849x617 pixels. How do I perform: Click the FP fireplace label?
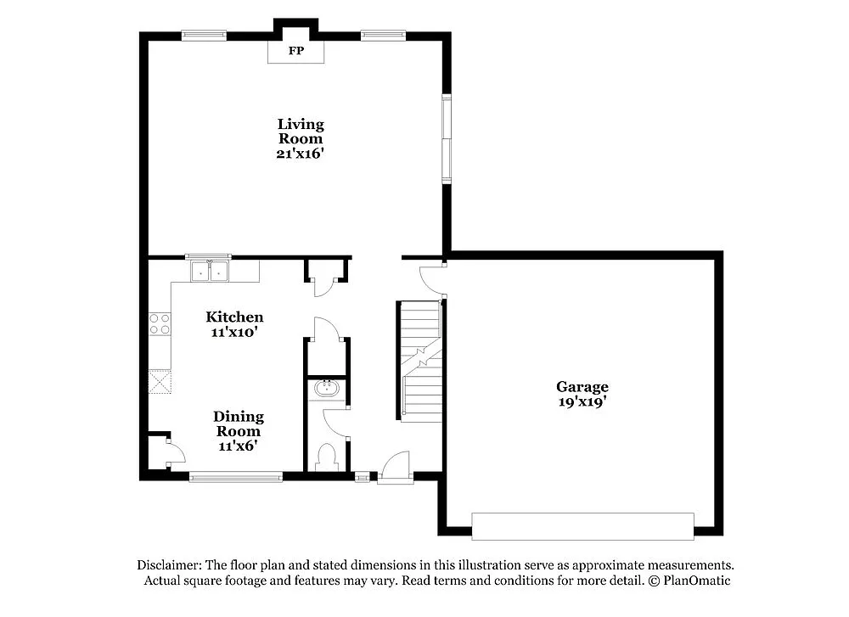tap(295, 51)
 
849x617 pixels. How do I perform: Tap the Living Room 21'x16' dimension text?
tap(301, 154)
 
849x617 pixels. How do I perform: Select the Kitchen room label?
tap(234, 317)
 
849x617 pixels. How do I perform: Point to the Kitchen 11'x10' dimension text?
tap(234, 332)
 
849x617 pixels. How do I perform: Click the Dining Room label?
tap(238, 423)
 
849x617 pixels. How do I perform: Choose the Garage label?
tap(582, 387)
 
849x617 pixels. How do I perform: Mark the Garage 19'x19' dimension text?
tap(582, 403)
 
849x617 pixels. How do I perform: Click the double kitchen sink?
tap(209, 272)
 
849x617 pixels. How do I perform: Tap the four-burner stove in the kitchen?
tap(160, 324)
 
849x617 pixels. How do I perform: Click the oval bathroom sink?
tap(326, 390)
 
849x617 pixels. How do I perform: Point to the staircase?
tap(421, 362)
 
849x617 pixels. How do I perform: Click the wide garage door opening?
tap(582, 526)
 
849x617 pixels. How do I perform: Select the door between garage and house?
tap(431, 280)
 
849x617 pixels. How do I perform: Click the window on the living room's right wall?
tap(446, 137)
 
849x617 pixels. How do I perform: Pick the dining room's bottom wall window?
tap(236, 477)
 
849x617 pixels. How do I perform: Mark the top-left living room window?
tap(205, 36)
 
